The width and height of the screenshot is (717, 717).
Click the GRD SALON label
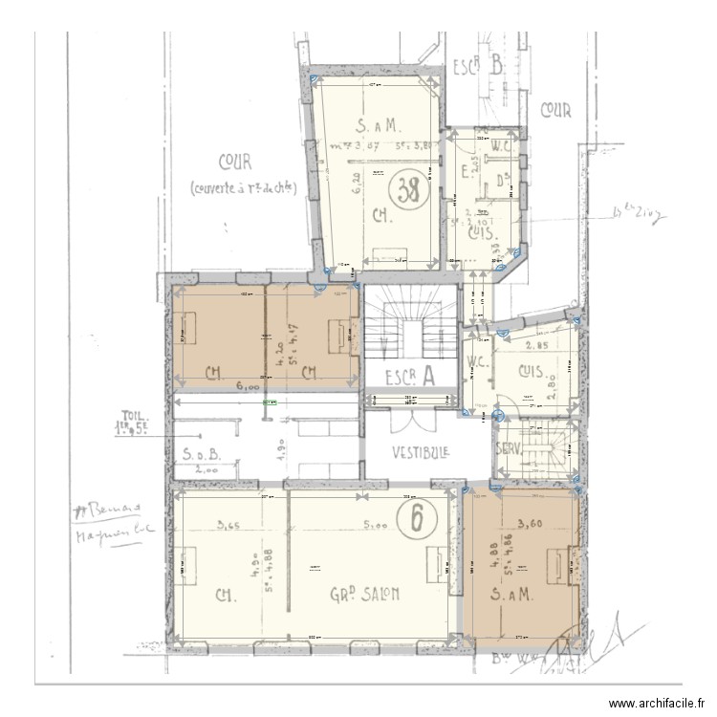click(364, 594)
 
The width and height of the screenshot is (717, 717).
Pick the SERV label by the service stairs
click(507, 449)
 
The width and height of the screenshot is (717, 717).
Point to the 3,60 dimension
click(531, 523)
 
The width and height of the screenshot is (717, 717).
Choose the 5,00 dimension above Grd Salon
click(374, 524)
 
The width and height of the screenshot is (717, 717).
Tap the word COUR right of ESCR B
click(555, 111)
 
